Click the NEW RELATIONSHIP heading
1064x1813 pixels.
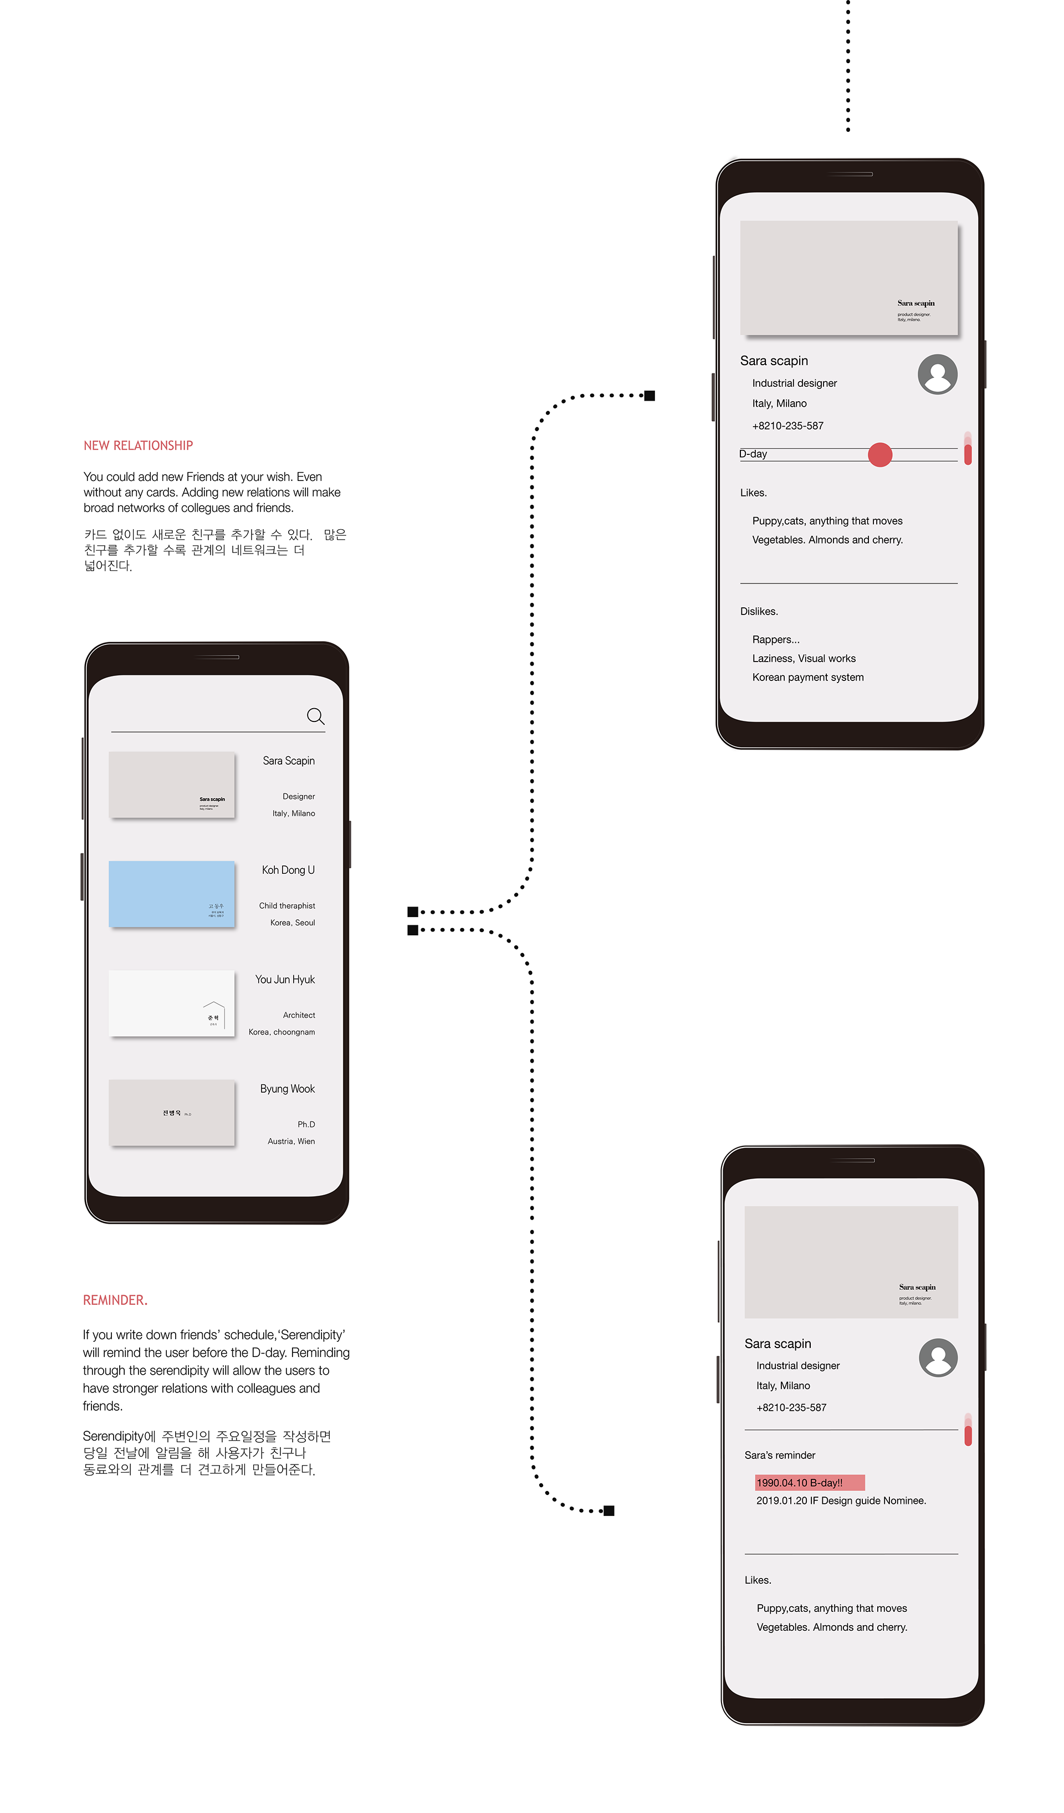click(x=138, y=445)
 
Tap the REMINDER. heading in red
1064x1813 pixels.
click(x=115, y=1299)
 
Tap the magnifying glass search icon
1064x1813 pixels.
click(x=315, y=716)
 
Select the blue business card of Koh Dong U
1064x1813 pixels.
click(x=171, y=894)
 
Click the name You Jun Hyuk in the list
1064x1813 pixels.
click(x=285, y=979)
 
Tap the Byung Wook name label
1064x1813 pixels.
click(x=287, y=1088)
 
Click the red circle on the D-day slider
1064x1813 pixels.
click(x=880, y=455)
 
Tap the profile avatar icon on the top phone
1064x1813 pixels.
click(x=938, y=374)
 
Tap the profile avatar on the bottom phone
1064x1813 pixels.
click(x=938, y=1358)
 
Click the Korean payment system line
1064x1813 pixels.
click(x=808, y=677)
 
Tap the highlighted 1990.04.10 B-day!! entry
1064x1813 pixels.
click(x=809, y=1483)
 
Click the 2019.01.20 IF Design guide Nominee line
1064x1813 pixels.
click(x=841, y=1500)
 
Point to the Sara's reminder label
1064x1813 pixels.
click(x=780, y=1455)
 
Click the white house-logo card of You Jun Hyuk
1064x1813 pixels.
click(x=171, y=1003)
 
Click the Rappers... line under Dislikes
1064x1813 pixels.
click(x=775, y=639)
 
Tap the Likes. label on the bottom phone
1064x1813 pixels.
click(x=758, y=1580)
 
